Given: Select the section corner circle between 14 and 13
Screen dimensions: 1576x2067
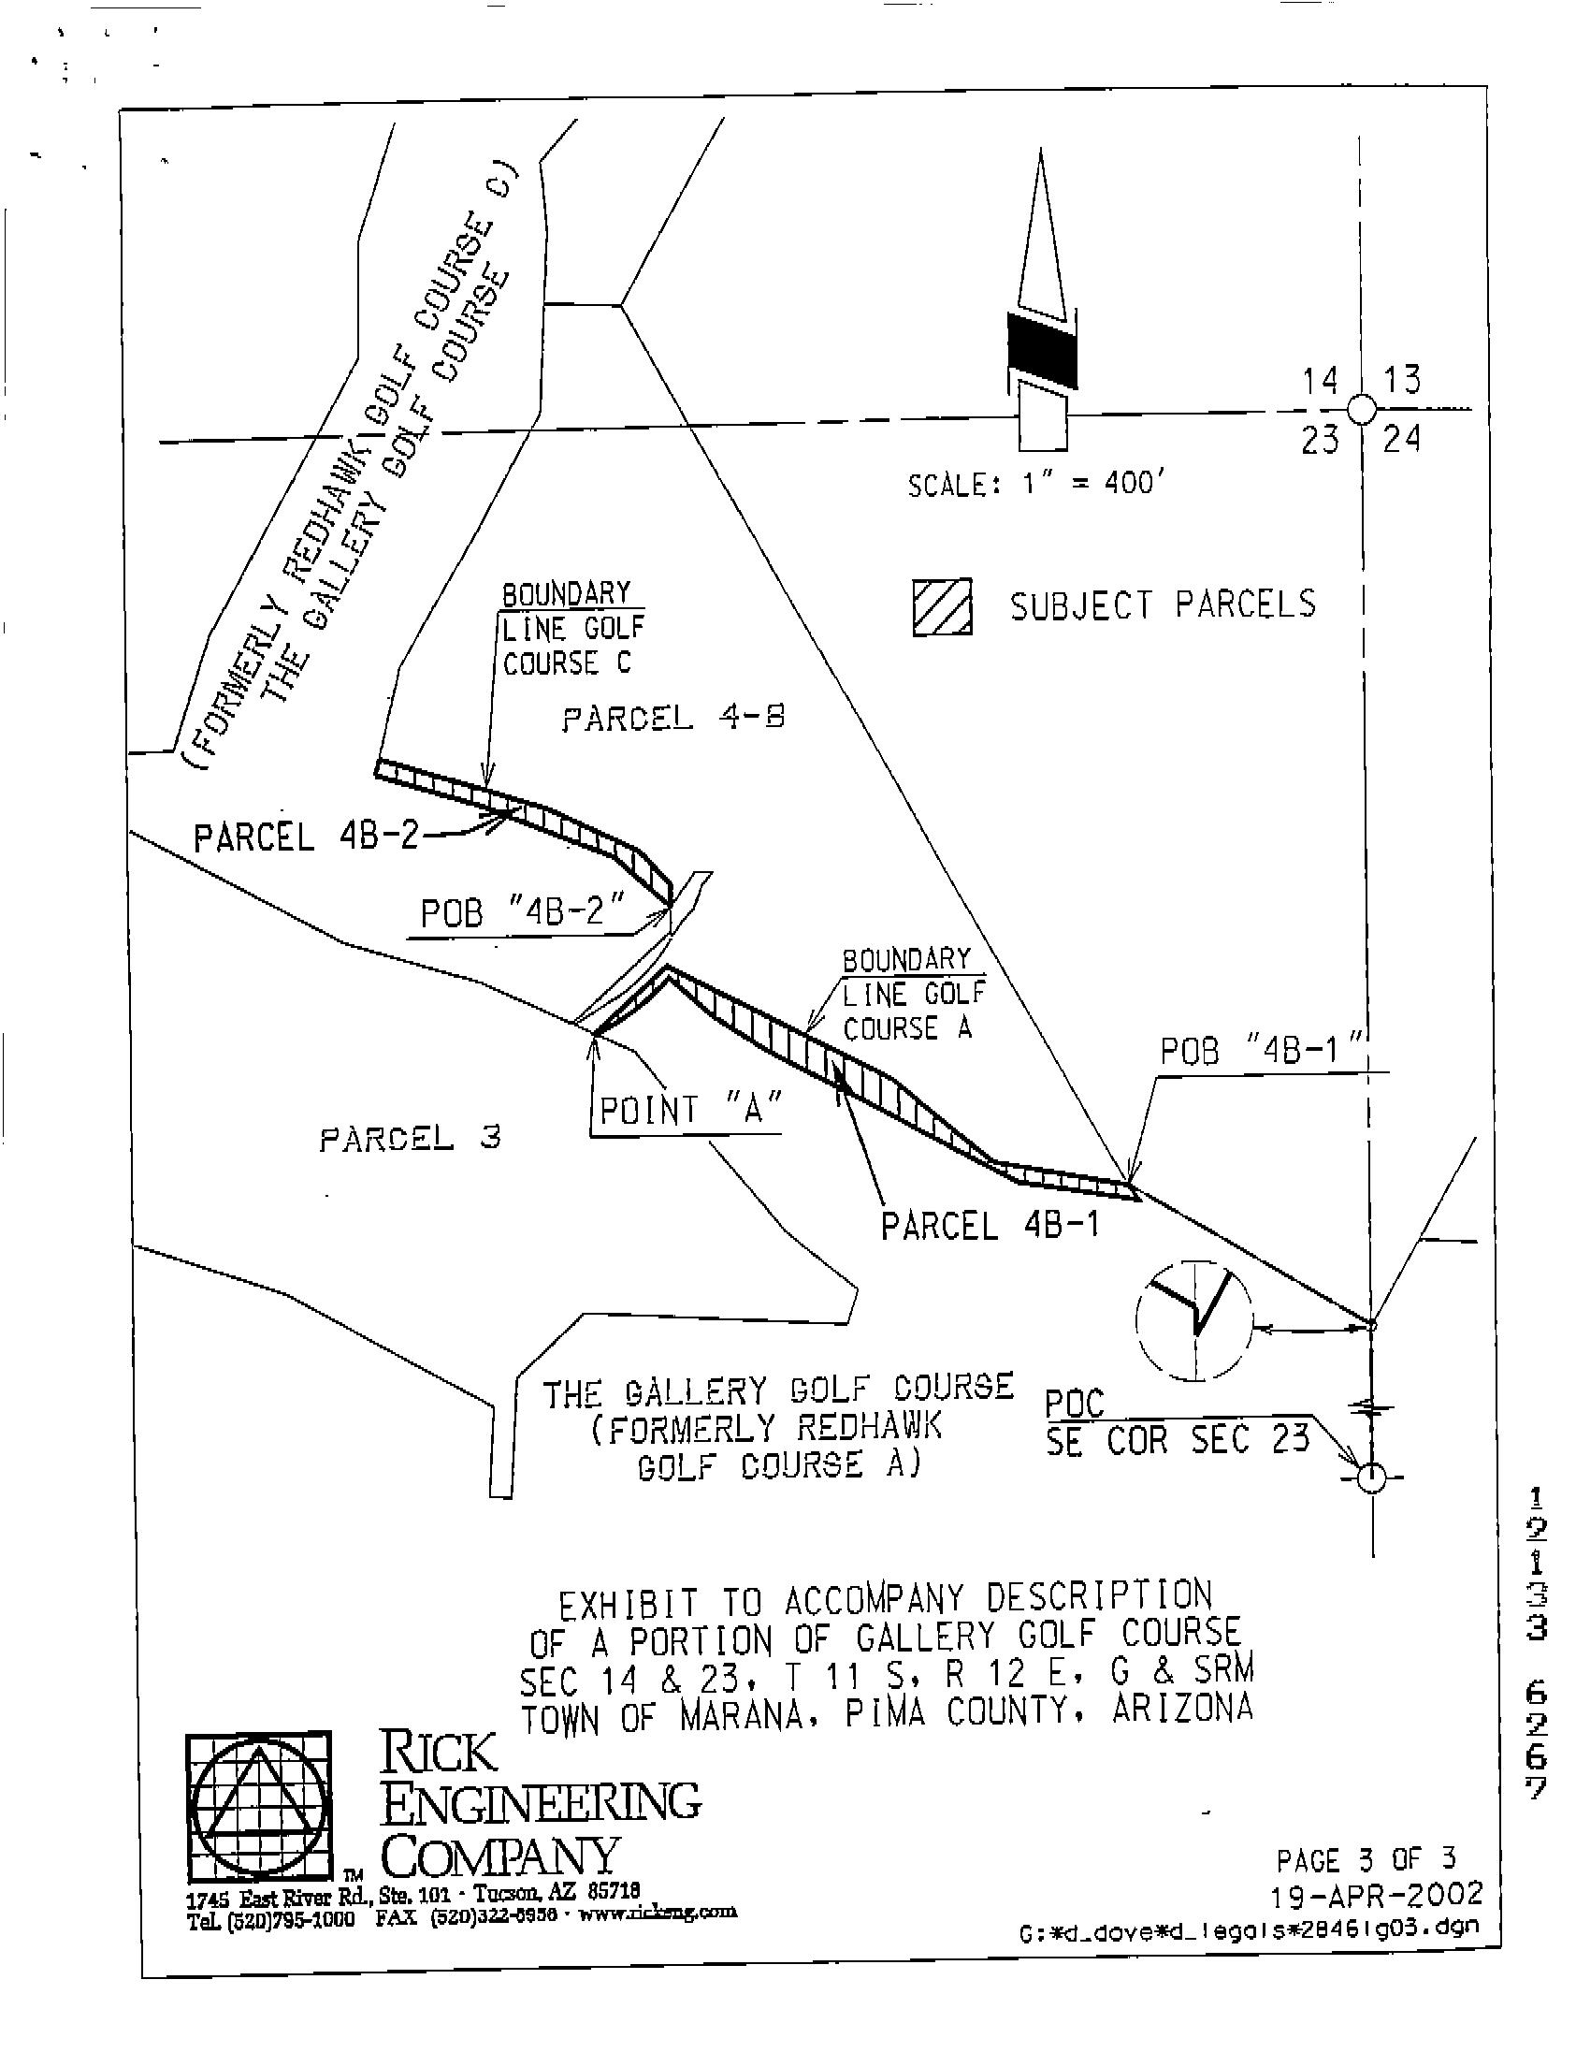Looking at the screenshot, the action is coord(1361,410).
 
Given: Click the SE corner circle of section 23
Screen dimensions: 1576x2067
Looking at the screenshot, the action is coord(1370,1477).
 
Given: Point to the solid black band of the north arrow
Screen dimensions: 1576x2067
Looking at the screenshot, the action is coord(1041,350).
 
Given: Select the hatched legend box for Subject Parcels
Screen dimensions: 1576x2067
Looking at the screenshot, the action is coord(942,608).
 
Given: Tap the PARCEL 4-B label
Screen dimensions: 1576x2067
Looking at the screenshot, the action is coord(672,720).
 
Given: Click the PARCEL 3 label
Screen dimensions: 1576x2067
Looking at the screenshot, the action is coord(410,1140).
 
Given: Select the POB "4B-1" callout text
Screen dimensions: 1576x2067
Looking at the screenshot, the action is coord(1261,1051).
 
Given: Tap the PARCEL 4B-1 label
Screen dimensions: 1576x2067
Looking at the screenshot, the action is coord(989,1226).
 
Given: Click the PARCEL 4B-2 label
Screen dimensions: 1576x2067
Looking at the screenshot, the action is coord(306,837).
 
